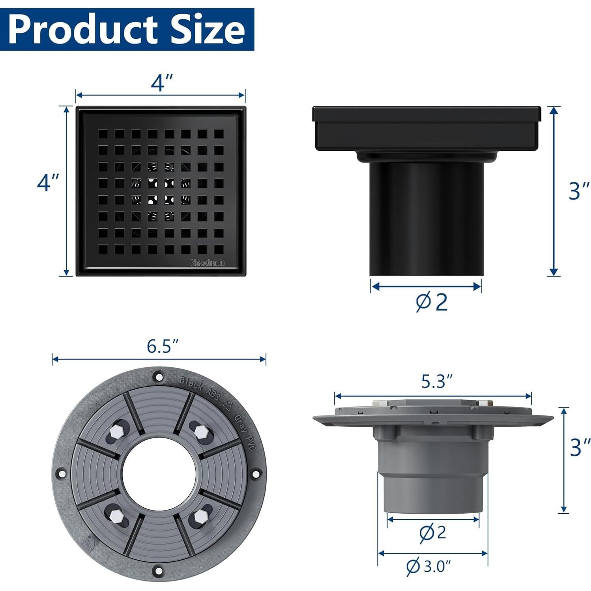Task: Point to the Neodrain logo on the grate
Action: (x=207, y=262)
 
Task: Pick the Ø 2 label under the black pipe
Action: (x=432, y=302)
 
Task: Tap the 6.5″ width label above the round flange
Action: (x=163, y=346)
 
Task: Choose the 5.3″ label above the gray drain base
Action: (x=436, y=381)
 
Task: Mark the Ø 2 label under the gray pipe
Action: (x=432, y=532)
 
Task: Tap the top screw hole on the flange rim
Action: (x=159, y=377)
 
